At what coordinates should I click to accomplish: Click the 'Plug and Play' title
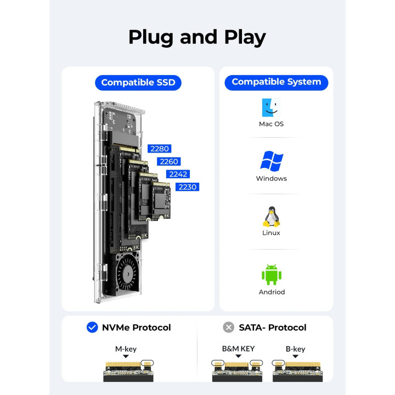click(x=197, y=37)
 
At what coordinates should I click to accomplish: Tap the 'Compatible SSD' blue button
click(x=138, y=82)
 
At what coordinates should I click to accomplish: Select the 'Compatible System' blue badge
click(x=276, y=82)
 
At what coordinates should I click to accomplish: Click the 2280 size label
click(x=160, y=149)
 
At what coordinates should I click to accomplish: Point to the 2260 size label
click(x=168, y=161)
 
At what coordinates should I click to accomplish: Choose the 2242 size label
click(x=178, y=174)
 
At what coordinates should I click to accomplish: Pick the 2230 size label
click(x=187, y=187)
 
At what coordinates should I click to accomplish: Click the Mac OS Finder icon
click(x=271, y=108)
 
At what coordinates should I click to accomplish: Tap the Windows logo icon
click(x=271, y=161)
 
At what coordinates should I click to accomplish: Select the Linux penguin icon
click(x=271, y=217)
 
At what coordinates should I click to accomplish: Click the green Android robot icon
click(x=272, y=274)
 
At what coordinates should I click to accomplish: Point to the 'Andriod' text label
click(x=272, y=292)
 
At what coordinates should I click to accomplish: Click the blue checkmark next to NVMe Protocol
click(x=92, y=328)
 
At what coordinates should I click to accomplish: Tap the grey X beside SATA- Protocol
click(x=229, y=328)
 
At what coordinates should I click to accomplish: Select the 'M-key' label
click(x=126, y=349)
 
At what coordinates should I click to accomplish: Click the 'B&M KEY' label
click(x=238, y=348)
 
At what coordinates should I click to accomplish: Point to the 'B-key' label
click(x=295, y=349)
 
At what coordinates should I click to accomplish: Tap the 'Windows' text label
click(x=271, y=178)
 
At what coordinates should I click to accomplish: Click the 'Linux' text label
click(x=271, y=233)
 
